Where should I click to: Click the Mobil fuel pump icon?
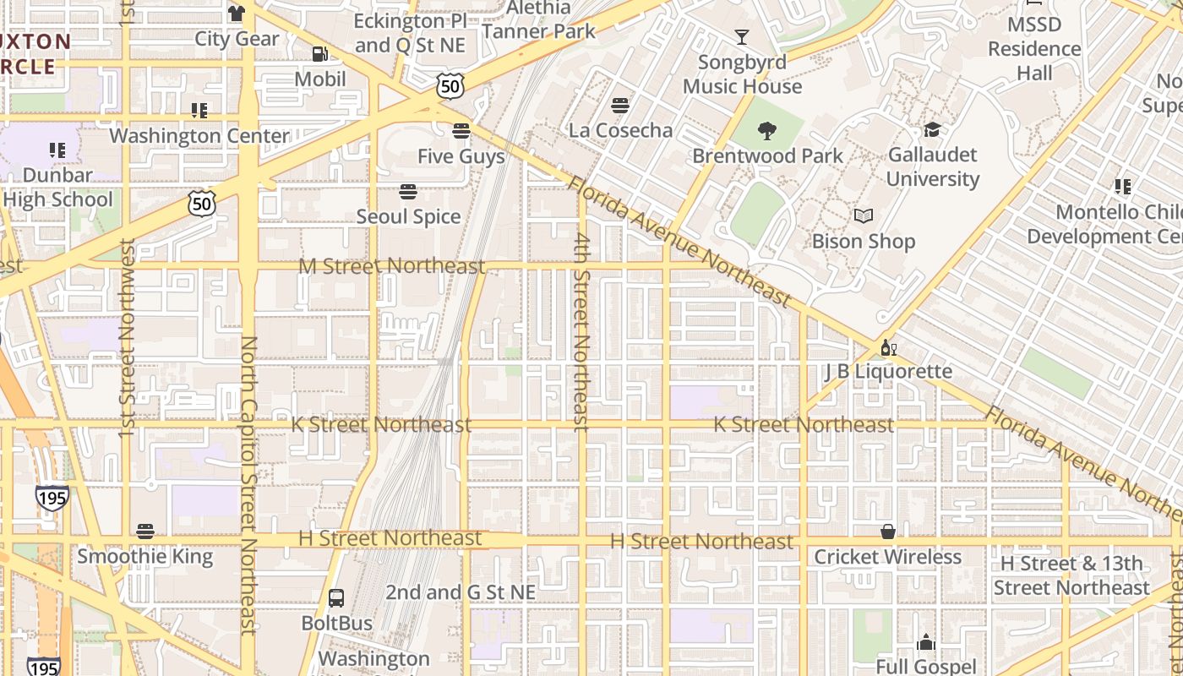click(320, 54)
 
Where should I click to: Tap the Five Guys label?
click(461, 156)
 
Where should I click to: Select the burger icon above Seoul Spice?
click(408, 192)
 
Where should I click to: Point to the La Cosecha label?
click(620, 130)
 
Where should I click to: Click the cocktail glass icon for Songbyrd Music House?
click(741, 37)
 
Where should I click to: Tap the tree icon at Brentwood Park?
click(767, 130)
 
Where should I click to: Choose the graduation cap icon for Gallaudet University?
click(932, 129)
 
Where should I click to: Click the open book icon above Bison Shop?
click(863, 216)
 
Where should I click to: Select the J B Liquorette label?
click(888, 372)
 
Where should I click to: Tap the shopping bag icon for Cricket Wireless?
click(887, 532)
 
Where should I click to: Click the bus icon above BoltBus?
click(336, 598)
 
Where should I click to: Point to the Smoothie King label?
click(145, 557)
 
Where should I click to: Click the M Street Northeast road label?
click(391, 267)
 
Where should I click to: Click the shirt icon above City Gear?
click(236, 14)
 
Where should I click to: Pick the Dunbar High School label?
click(57, 187)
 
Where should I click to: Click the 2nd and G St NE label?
click(461, 592)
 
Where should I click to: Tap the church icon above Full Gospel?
click(926, 642)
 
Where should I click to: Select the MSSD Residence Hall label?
click(1034, 49)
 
